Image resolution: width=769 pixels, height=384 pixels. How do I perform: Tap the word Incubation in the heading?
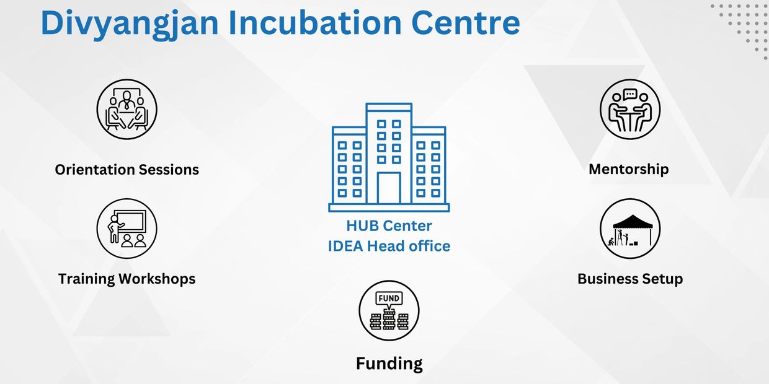coord(315,23)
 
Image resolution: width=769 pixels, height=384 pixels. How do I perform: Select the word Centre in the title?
coord(466,24)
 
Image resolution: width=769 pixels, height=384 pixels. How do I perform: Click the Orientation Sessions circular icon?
coord(127,110)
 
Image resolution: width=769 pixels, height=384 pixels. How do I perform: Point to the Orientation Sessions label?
coord(127,170)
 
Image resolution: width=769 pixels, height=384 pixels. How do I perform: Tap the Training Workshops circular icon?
coord(127,229)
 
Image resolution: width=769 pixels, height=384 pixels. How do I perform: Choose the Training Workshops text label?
coord(127,279)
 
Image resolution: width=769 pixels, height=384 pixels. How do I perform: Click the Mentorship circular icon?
coord(630,110)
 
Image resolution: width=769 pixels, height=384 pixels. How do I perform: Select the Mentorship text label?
coord(629,170)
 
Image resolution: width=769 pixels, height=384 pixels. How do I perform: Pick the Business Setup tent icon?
coord(630,229)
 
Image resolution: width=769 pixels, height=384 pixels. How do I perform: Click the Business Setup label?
coord(630,279)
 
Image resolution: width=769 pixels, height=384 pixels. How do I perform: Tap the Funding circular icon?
coord(389,311)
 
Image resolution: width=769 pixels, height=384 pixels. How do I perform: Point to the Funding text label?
coord(389,364)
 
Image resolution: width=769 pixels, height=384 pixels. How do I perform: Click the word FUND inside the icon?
coord(389,299)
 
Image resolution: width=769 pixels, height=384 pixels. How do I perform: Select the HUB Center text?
coord(389,226)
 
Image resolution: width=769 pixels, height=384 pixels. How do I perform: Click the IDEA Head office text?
coord(389,246)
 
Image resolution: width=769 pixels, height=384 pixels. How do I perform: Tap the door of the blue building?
coord(389,188)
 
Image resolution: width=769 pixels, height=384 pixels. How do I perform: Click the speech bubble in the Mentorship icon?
coord(630,94)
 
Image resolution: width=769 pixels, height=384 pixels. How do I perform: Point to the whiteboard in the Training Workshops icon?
coord(130,220)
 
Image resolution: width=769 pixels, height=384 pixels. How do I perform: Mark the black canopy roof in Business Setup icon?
coord(633,222)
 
